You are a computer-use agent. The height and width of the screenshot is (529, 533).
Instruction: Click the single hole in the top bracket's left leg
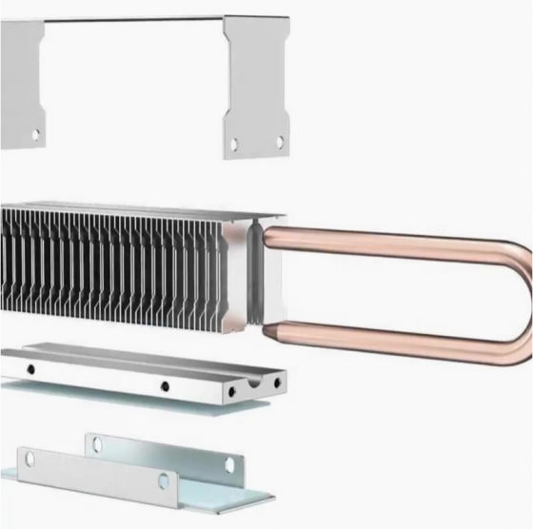pos(36,134)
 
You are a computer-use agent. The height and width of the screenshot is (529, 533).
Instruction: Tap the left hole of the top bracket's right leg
pos(234,145)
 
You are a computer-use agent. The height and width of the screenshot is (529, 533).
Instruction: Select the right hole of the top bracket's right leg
pos(279,141)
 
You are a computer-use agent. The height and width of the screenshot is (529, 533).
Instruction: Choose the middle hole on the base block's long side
pos(165,386)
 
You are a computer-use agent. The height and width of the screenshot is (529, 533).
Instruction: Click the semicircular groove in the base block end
pos(255,382)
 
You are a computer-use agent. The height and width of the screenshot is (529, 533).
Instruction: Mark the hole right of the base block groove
pos(277,382)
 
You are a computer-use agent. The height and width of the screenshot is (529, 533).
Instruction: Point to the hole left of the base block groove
pos(231,391)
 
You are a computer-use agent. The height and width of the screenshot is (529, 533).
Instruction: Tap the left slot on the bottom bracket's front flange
pos(30,459)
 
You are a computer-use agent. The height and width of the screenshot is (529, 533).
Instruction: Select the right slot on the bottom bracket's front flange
pos(163,480)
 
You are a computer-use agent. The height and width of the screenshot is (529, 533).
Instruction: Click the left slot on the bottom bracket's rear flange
pos(95,441)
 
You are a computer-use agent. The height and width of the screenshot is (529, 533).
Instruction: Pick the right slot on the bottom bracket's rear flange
pos(228,463)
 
